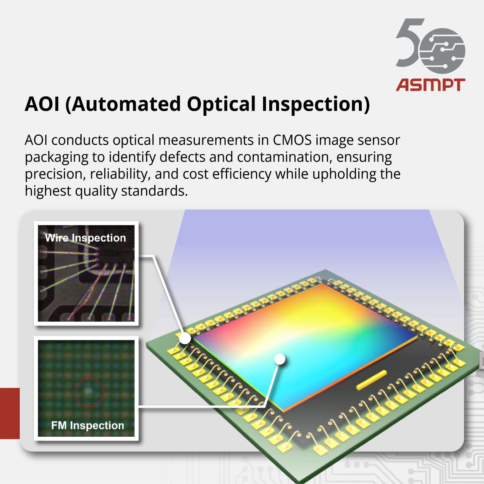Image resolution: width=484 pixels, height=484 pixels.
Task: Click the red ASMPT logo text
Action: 431,85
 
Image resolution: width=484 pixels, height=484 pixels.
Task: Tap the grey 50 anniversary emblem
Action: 431,46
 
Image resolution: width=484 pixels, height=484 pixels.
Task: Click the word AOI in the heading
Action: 42,104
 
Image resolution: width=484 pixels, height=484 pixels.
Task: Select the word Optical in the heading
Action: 221,104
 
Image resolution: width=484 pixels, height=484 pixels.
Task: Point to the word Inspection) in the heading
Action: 316,104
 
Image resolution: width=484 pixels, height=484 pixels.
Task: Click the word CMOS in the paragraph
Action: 292,140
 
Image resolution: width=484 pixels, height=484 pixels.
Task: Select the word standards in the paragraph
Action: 154,191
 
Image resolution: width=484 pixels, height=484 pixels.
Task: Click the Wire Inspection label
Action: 85,238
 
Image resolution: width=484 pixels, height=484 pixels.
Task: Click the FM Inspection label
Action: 88,425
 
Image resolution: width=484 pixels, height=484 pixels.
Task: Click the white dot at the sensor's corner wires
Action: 185,338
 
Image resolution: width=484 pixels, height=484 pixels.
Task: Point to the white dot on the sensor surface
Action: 280,359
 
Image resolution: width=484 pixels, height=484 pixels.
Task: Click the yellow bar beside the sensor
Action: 371,380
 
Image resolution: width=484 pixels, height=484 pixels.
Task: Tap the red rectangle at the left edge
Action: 10,413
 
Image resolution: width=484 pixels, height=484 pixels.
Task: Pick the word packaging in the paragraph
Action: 56,157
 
